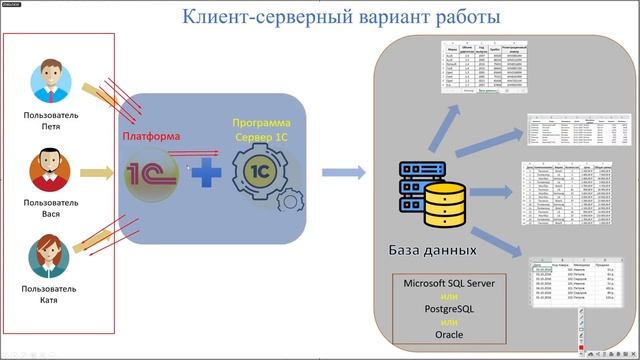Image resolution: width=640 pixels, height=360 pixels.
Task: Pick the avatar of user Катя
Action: (50, 256)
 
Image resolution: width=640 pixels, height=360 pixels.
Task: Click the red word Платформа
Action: (151, 136)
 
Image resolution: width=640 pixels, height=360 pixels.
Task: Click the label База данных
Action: (432, 248)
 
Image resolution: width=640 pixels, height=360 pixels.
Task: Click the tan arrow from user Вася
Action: (96, 172)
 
